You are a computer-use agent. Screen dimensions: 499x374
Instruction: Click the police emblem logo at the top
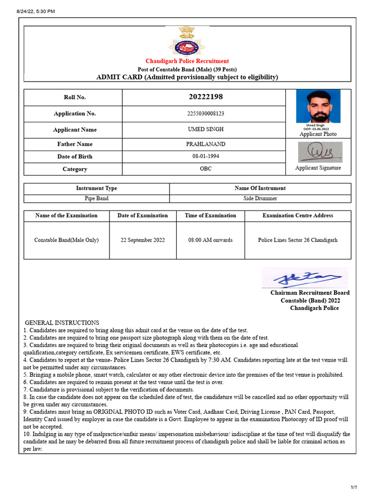187,41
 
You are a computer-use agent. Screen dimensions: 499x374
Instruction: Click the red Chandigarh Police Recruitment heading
187,61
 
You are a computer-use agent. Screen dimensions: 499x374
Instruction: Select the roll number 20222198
206,97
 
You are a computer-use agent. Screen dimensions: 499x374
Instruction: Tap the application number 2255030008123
206,114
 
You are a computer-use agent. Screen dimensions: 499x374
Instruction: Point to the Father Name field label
75,144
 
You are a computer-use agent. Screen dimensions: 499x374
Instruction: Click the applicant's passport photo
318,106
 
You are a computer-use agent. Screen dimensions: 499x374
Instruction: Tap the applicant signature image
320,153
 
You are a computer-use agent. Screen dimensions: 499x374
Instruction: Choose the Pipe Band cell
96,199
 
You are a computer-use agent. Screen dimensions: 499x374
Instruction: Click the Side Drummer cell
260,199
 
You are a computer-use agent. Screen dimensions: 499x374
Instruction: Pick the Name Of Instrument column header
260,188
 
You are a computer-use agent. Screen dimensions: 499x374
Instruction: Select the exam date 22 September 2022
143,240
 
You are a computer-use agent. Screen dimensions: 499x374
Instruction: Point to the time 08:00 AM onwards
210,240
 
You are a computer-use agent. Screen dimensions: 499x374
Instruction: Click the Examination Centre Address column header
298,215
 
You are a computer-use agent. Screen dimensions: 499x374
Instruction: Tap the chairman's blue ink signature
305,278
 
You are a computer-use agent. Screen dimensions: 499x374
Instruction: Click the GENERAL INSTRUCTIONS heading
62,323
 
